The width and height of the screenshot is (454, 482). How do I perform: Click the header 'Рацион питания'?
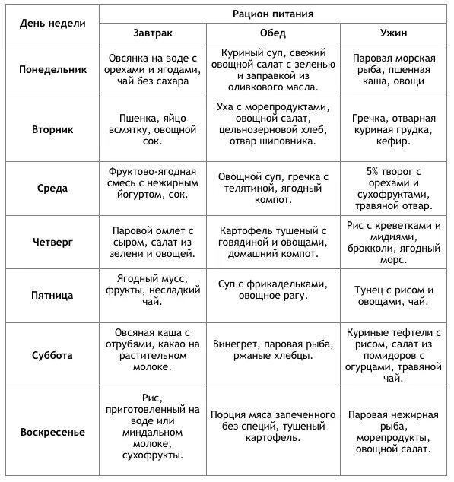[272, 14]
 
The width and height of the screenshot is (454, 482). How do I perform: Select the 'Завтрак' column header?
[154, 33]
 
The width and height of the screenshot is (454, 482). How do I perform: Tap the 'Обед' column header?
[272, 33]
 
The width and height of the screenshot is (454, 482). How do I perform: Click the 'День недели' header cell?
[52, 23]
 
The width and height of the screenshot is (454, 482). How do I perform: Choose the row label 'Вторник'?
[52, 130]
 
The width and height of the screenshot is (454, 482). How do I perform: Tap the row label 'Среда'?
[52, 188]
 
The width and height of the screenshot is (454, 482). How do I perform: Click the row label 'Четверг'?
[52, 241]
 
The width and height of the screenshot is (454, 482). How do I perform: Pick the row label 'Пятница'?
[52, 295]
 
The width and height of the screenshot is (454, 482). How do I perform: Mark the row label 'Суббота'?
[52, 354]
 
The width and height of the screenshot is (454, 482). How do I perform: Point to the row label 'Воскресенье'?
[52, 432]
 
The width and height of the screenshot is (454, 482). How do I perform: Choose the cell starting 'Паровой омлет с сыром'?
[154, 241]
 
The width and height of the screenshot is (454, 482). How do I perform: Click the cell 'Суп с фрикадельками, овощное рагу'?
[272, 290]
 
